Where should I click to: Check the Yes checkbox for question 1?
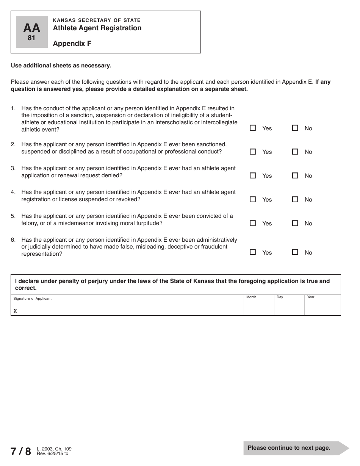coord(253,128)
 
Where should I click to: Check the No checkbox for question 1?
coord(295,128)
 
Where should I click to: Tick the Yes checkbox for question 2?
coord(253,152)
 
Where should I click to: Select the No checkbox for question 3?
coord(295,175)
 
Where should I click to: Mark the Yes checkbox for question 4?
coord(253,199)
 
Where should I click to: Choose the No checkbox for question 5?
coord(295,223)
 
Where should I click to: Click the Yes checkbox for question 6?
coord(253,252)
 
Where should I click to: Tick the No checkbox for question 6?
coord(295,252)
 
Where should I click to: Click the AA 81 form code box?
coord(31,32)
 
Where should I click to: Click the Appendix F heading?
coord(72,43)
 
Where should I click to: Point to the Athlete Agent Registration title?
coord(97,28)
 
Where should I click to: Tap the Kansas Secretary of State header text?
coord(97,20)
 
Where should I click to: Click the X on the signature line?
coord(15,311)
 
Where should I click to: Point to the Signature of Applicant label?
coord(32,299)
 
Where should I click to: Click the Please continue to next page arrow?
coord(296,448)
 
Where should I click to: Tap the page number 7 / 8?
coord(21,451)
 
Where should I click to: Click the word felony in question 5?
coord(30,223)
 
